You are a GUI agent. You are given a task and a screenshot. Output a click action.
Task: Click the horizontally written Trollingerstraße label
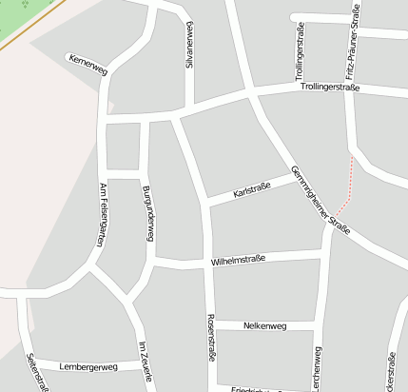(329, 88)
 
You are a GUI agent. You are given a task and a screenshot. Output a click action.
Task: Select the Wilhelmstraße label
(238, 258)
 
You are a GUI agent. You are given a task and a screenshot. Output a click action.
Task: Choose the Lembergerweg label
(87, 366)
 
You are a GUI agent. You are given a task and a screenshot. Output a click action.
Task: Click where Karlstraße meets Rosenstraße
(206, 202)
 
